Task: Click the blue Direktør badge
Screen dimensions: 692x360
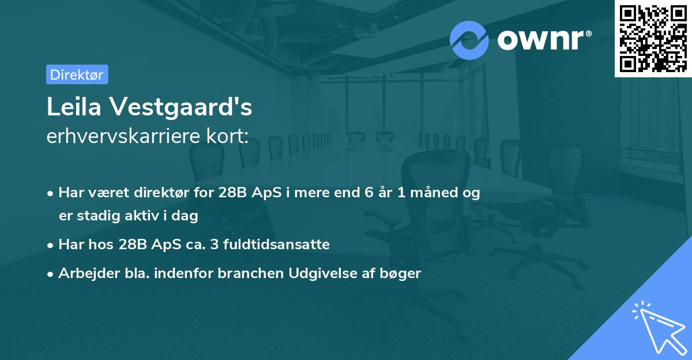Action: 77,74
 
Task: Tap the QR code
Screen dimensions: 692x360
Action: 653,39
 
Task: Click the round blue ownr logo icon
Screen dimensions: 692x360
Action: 469,40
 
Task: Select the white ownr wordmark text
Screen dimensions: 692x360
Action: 541,40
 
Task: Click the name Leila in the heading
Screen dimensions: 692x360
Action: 74,107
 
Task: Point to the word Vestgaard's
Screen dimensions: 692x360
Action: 181,107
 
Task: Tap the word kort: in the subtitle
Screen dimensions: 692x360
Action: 227,136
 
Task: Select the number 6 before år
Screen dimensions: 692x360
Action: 369,193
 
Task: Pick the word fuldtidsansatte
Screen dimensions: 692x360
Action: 276,244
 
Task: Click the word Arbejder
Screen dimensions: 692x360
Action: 89,273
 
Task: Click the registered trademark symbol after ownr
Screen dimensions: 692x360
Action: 588,33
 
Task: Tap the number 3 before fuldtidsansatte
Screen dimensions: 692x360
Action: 215,244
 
